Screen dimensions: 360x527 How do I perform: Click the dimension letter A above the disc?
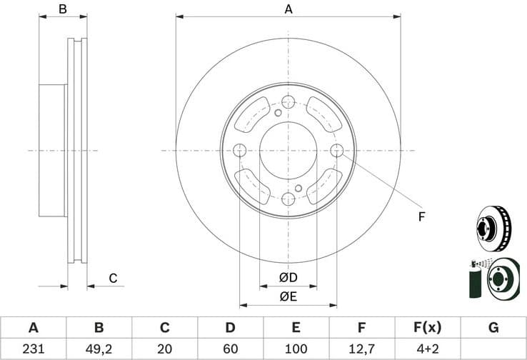coord(288,9)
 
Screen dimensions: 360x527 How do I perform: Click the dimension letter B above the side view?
coord(62,9)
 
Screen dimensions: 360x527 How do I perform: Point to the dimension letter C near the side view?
coord(112,278)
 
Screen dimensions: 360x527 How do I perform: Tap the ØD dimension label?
coord(288,277)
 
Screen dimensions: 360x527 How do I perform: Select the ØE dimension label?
coord(288,296)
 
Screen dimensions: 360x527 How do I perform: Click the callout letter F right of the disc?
coord(421,216)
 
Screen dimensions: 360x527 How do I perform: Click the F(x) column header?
coord(427,328)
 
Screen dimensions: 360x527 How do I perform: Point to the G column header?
coord(493,328)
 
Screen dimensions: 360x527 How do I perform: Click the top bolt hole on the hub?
coord(288,101)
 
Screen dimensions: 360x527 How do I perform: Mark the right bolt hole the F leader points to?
coord(337,150)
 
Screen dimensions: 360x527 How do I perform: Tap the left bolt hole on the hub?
coord(240,150)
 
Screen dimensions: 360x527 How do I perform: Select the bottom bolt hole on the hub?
coord(288,199)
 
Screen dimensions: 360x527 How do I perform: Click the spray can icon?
coord(473,281)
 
